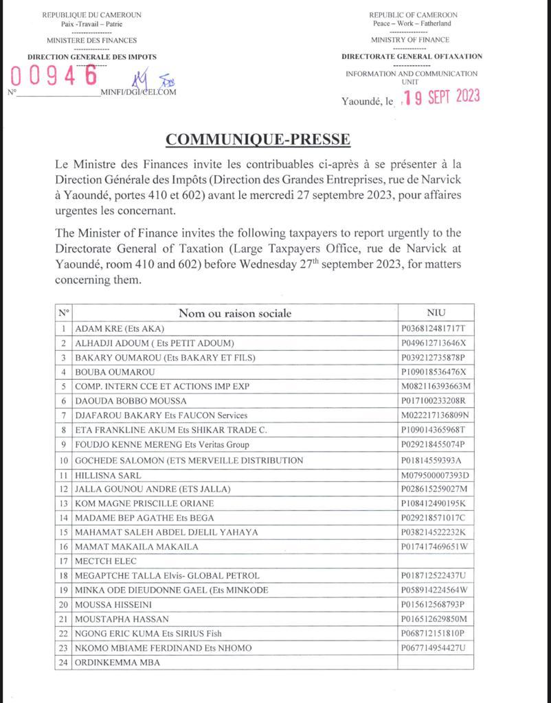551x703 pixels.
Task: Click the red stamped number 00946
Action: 54,76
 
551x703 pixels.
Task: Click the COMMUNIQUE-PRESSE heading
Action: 258,139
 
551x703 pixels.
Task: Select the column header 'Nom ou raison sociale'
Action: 235,313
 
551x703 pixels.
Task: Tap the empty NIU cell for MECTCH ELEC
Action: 436,561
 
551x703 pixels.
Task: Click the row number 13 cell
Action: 64,503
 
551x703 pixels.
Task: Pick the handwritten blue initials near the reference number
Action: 157,81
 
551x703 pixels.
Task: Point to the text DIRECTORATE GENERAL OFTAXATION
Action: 412,56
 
